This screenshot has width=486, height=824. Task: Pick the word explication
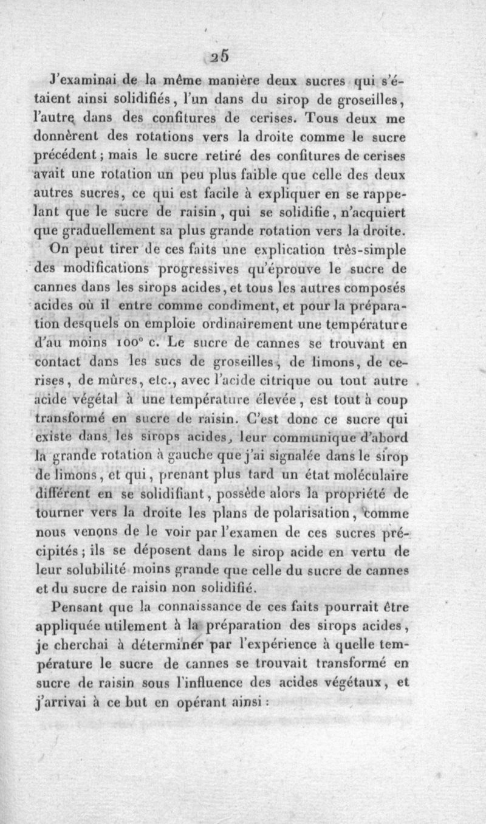click(x=281, y=249)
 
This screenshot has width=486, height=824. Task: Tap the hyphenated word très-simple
click(x=366, y=249)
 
